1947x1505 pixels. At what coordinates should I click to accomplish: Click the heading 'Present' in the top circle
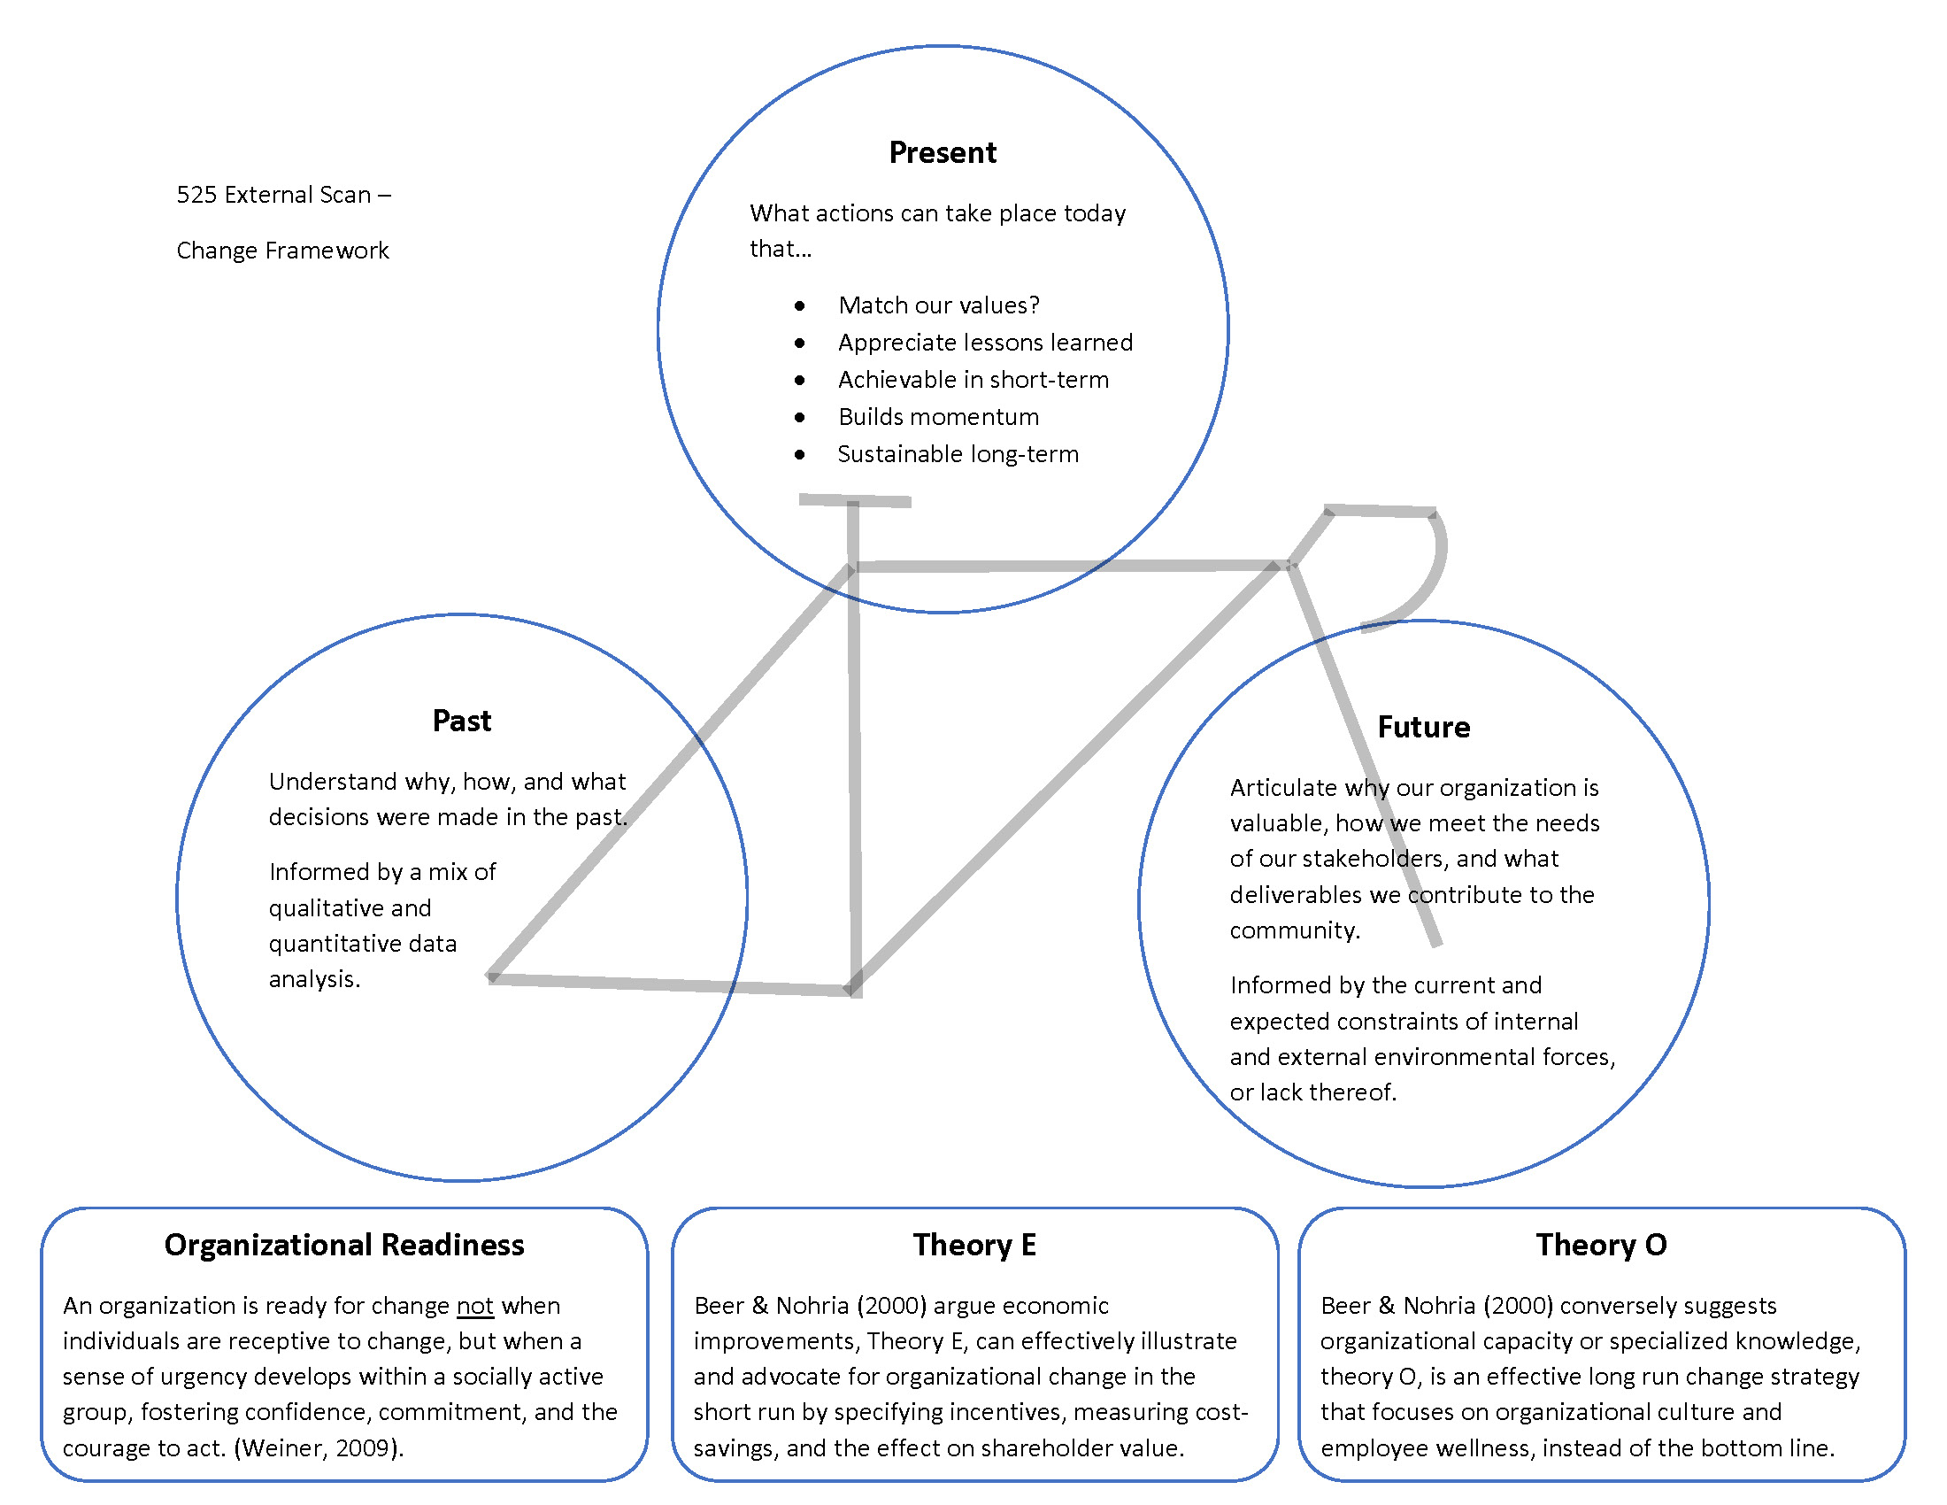point(943,152)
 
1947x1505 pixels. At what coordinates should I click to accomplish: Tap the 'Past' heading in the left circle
point(461,721)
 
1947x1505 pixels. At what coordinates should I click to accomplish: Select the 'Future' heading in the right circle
point(1423,727)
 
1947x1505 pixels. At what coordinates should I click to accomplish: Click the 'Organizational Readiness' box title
point(344,1245)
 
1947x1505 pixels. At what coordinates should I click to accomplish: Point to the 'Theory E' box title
point(974,1245)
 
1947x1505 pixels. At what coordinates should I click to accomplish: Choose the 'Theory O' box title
point(1601,1245)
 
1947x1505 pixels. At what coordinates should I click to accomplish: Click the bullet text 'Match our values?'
point(939,305)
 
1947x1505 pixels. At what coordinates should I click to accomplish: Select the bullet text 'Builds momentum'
point(939,416)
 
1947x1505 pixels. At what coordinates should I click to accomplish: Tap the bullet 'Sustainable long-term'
point(958,454)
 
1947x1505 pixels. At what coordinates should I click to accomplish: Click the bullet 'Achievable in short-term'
point(973,380)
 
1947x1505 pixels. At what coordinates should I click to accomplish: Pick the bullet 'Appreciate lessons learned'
point(985,343)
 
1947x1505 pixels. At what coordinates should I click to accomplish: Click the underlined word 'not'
point(474,1306)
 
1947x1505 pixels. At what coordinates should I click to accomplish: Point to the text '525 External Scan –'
point(283,195)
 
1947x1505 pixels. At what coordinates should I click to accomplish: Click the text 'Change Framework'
point(282,251)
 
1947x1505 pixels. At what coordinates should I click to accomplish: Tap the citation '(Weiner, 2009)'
point(318,1448)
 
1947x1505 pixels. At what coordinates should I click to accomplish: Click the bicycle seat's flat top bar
point(854,500)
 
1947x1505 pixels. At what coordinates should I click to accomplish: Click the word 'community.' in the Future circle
point(1295,930)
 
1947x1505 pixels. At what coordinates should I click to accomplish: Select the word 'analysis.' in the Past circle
point(315,979)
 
